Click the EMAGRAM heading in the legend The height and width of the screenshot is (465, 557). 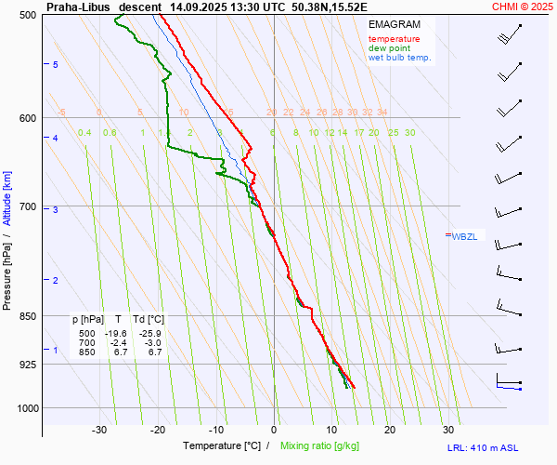point(393,24)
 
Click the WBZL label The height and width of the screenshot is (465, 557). point(463,236)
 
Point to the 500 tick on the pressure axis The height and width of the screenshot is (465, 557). point(28,15)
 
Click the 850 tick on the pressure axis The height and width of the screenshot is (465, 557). point(28,316)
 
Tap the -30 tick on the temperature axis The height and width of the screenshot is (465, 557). point(100,430)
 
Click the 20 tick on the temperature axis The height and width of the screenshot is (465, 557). point(390,430)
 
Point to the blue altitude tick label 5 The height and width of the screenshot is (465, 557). point(56,64)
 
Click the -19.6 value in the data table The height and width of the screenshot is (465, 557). point(116,333)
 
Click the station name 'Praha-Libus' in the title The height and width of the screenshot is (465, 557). point(78,7)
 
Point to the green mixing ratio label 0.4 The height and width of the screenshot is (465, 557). point(84,133)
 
